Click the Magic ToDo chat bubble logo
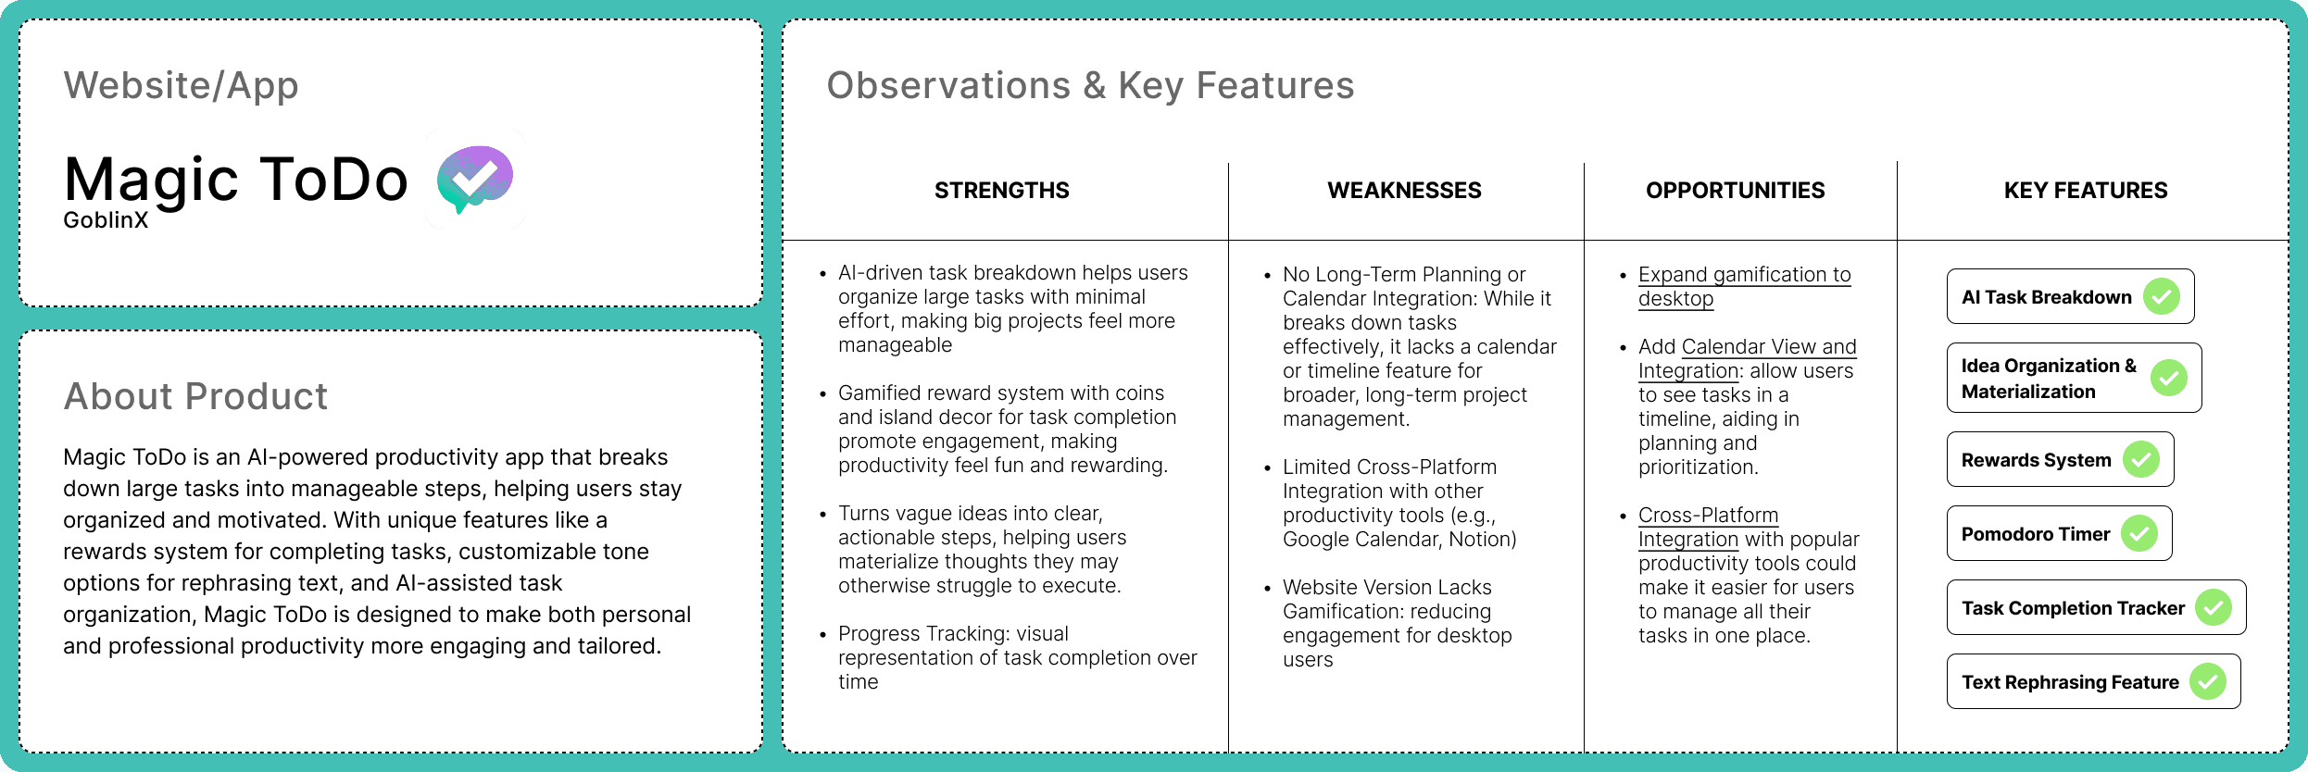pos(475,178)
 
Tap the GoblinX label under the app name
pos(106,220)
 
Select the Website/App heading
pos(182,85)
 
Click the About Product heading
pos(195,396)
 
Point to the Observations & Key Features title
pos(1090,85)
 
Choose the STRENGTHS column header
pos(1001,191)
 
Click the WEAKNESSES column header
pos(1404,191)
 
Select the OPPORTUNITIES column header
pos(1735,191)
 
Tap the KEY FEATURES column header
pos(2086,191)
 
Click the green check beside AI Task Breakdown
pos(2162,296)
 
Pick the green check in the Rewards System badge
pos(2141,459)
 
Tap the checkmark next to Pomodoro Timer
pos(2139,533)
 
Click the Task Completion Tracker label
pos(2073,608)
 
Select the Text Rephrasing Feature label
pos(2070,682)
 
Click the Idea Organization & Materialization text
pos(2049,379)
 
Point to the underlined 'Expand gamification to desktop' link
pos(1744,286)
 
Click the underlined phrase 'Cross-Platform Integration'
pos(1708,527)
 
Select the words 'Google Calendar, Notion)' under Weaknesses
pos(1399,539)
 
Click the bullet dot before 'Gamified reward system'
pos(822,394)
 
